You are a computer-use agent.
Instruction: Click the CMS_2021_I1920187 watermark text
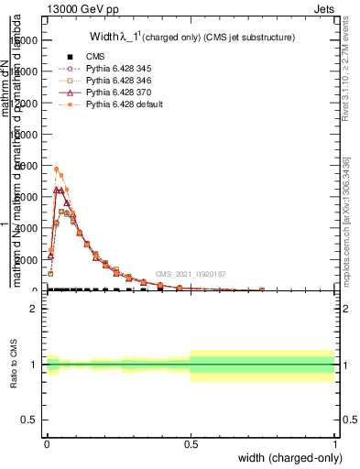190,274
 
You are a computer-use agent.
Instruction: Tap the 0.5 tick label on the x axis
191,442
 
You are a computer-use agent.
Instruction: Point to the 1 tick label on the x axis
333,442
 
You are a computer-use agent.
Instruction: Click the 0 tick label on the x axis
47,442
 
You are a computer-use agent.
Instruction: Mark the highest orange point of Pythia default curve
57,169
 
